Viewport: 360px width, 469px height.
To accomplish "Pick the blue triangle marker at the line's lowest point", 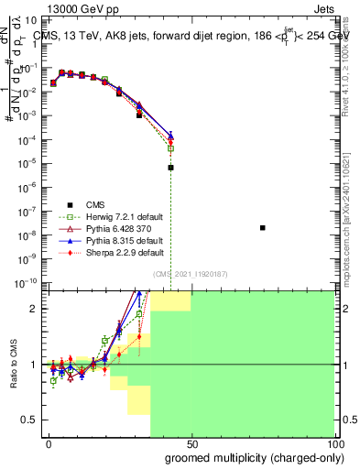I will tap(170, 136).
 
